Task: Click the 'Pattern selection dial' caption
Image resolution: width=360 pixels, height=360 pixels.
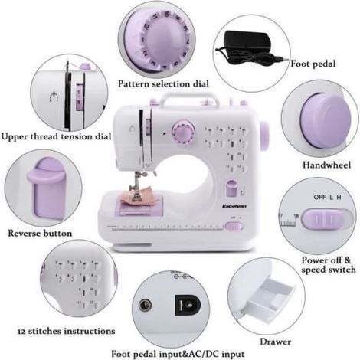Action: pos(163,84)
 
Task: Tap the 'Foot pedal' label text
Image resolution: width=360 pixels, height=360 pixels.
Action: pos(313,64)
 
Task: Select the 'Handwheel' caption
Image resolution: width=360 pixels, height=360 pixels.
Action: pos(327,165)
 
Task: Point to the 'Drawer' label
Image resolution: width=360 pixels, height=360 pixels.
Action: pos(276,342)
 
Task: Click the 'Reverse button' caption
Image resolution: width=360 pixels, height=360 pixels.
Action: pos(40,234)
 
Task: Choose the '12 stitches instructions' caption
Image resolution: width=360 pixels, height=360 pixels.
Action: pos(67,331)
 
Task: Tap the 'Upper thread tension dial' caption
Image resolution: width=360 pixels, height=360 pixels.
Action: pos(56,136)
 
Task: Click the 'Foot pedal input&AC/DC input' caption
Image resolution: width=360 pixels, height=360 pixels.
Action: pos(178,354)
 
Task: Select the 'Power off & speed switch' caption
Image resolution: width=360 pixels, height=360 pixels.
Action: pos(329,265)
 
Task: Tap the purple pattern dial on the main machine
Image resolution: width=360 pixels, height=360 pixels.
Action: pos(183,133)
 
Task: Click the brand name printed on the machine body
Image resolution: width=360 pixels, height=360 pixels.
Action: pos(234,206)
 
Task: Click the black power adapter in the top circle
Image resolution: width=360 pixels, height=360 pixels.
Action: pos(247,41)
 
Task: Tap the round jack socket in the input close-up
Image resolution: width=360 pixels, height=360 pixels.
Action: pos(146,306)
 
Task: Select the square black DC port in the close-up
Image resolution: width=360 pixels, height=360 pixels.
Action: pos(187,306)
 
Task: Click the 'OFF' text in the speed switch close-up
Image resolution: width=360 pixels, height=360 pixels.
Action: pos(320,197)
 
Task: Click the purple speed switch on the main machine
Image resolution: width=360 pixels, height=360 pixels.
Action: pos(234,226)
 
